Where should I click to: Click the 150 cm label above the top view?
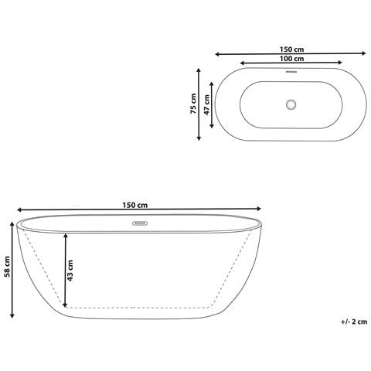point(291,49)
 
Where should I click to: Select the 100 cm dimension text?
point(291,59)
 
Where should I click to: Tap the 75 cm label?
point(193,104)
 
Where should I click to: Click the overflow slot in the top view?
point(291,74)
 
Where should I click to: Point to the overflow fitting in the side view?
point(140,225)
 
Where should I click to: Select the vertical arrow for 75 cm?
point(200,104)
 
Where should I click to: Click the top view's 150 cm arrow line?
point(291,54)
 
